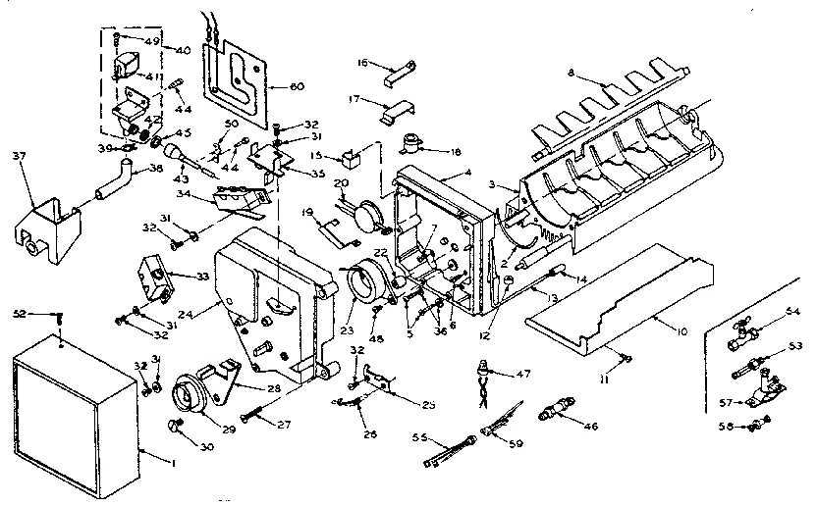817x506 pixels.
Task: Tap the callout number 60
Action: pos(296,86)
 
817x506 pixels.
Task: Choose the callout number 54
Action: pos(792,312)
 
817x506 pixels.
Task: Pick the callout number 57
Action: pos(724,402)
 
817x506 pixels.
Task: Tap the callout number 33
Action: pos(202,278)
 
